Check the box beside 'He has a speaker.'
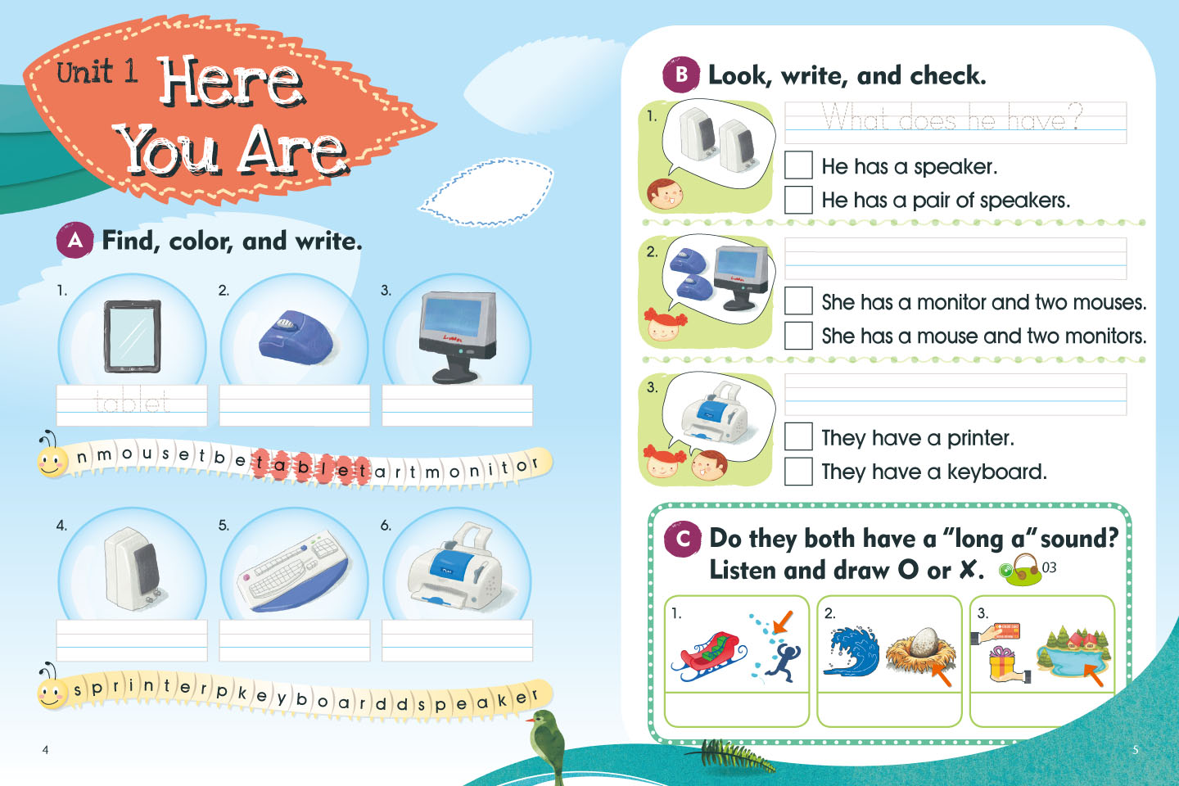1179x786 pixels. tap(798, 165)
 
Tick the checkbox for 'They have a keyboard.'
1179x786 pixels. tap(798, 471)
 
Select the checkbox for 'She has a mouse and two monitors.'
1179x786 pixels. tap(798, 336)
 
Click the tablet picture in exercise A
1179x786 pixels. tap(132, 336)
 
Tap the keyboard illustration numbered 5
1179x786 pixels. tap(293, 571)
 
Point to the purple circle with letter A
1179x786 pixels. tap(75, 241)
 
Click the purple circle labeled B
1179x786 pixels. tap(681, 75)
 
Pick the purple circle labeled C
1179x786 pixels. tap(683, 539)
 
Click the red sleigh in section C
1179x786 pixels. tap(708, 657)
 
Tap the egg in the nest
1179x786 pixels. tap(922, 641)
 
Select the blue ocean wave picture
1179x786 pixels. tap(851, 651)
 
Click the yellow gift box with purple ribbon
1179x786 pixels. tap(1001, 663)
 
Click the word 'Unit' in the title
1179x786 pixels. tap(84, 72)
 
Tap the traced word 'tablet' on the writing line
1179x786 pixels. tap(132, 402)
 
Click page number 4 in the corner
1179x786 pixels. tap(45, 750)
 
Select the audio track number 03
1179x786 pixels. tap(1049, 567)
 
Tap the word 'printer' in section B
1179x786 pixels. tap(979, 438)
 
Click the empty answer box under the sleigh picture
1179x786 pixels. tap(736, 708)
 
